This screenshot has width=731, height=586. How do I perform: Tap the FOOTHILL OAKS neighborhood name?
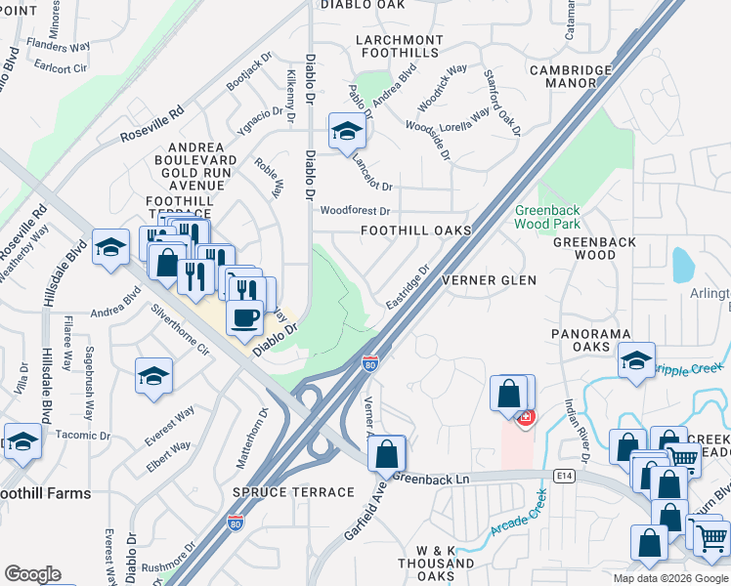click(415, 230)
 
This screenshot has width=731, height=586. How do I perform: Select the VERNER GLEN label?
click(490, 280)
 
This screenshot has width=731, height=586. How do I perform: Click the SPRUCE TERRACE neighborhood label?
click(292, 492)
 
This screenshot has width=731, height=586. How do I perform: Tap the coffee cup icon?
click(244, 317)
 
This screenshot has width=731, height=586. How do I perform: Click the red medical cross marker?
click(526, 417)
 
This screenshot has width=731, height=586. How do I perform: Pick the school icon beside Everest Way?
click(153, 376)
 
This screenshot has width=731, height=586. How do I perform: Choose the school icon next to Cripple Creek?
click(636, 363)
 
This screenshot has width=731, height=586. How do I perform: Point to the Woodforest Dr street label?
click(355, 211)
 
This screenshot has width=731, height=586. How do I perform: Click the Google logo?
click(33, 574)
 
